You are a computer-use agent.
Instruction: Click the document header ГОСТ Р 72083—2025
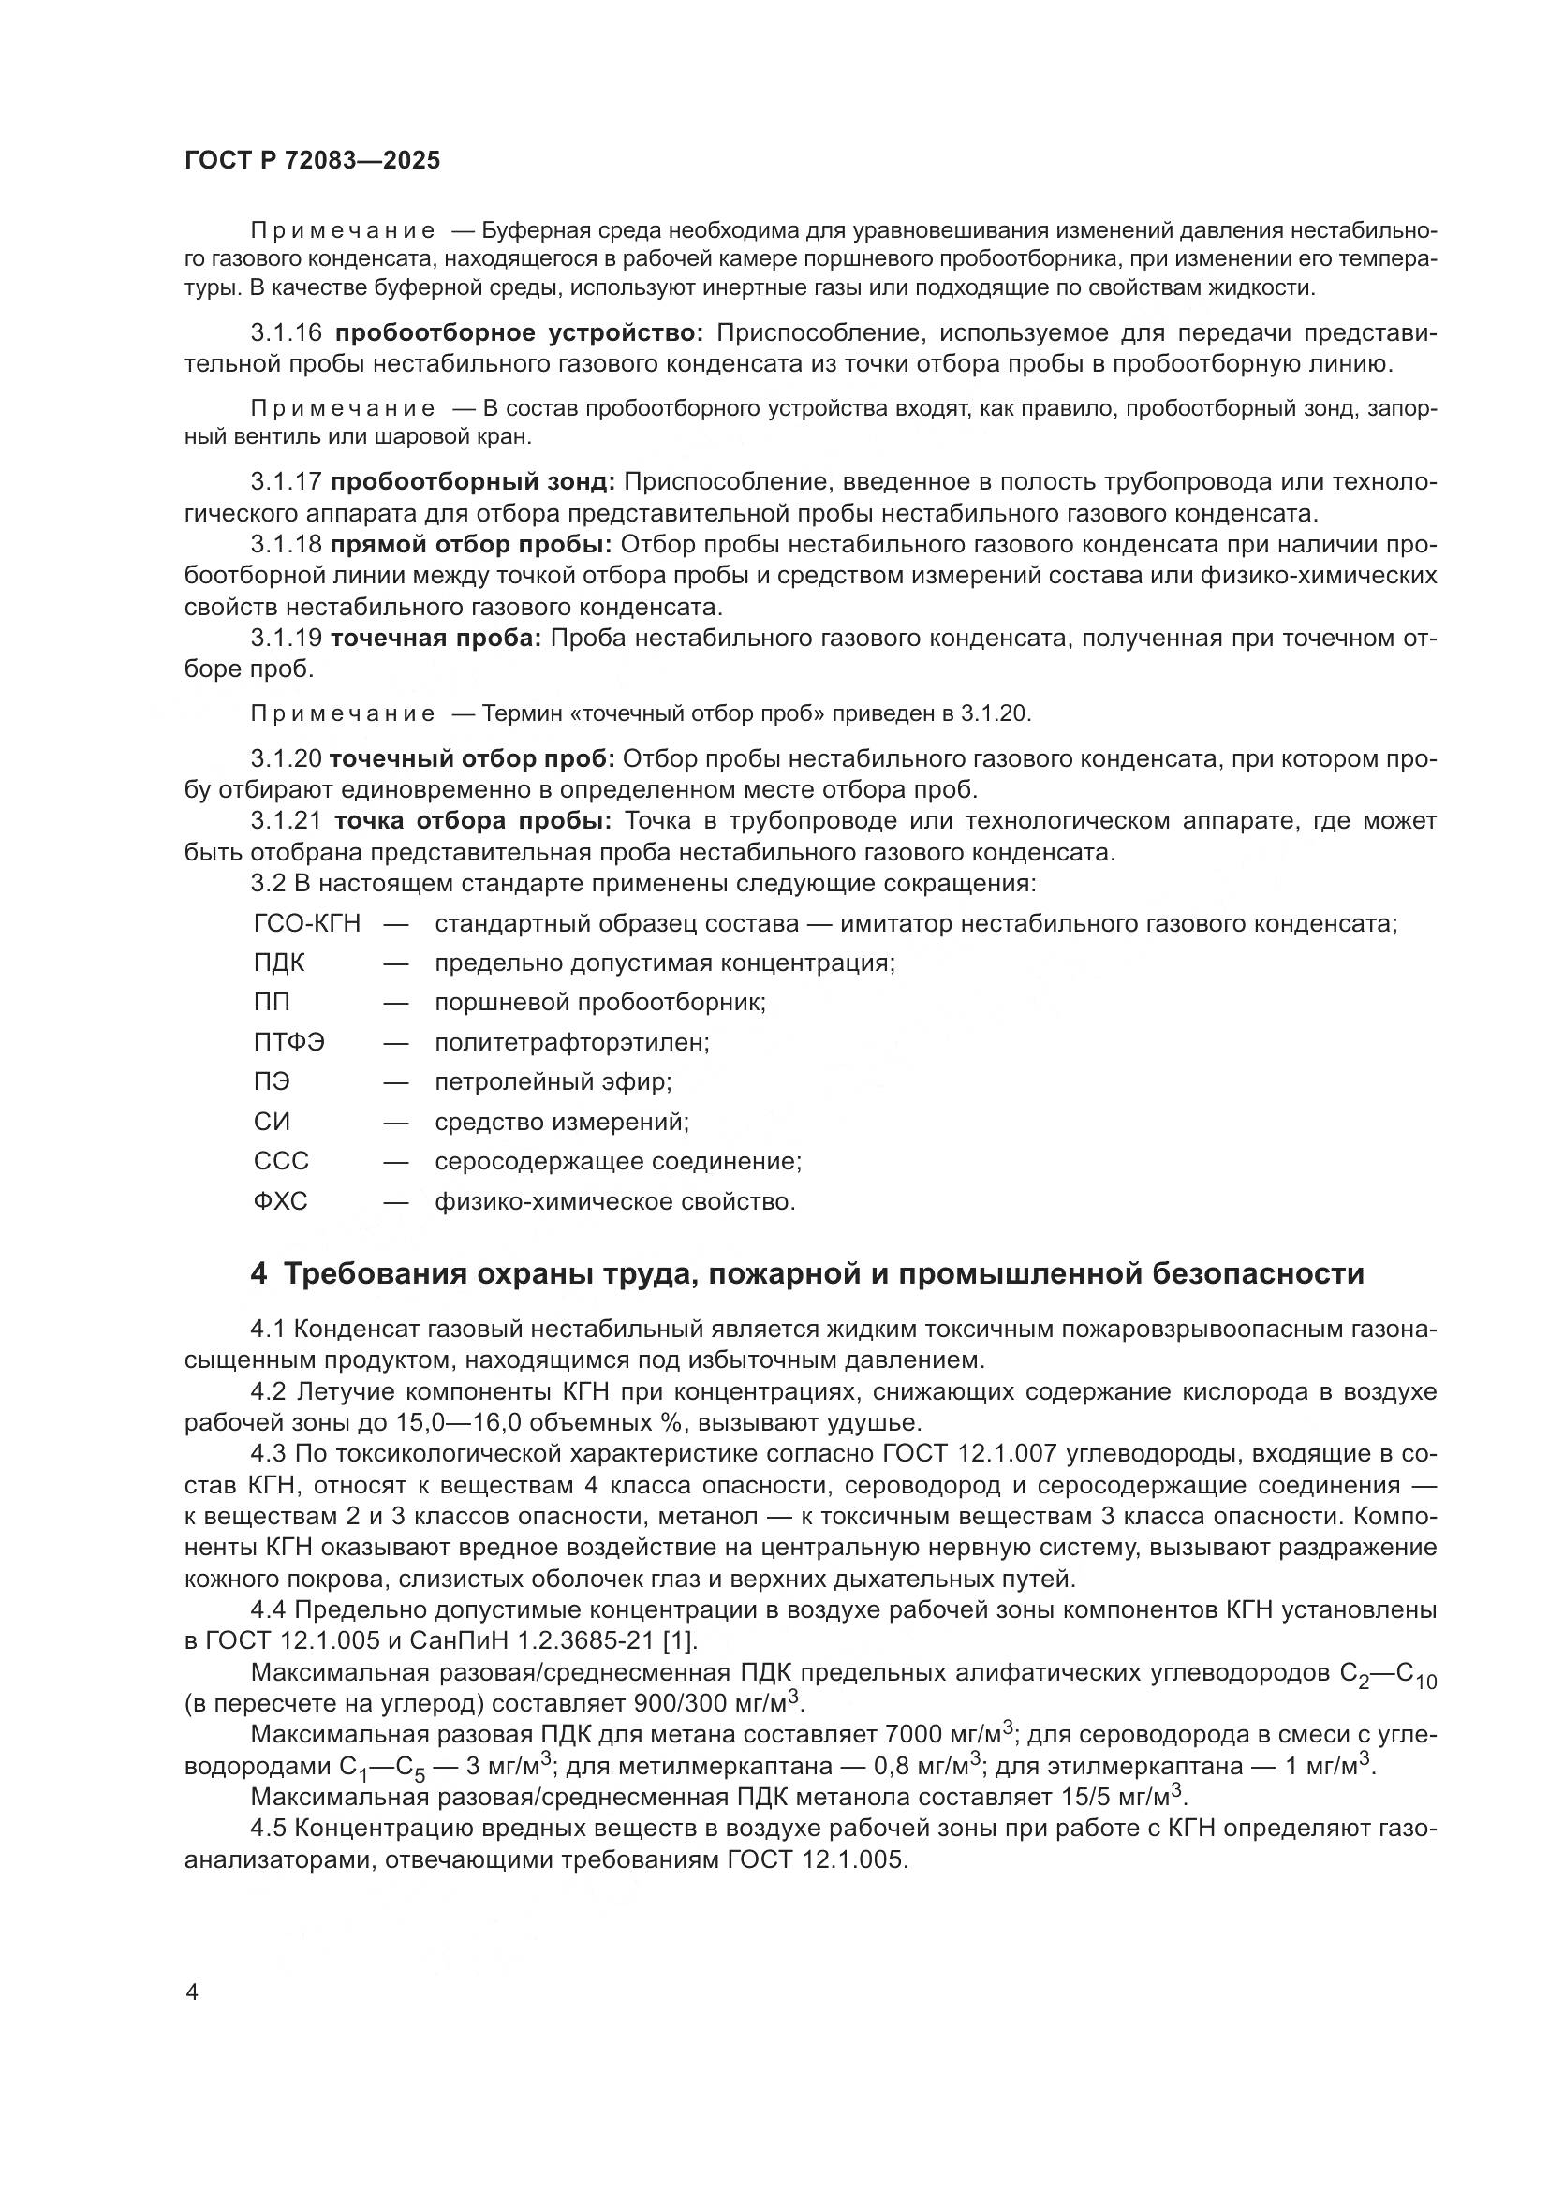pos(312,160)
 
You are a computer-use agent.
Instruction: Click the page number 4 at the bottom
pos(192,1992)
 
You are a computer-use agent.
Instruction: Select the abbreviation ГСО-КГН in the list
pos(306,923)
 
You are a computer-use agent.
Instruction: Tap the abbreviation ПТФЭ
pos(289,1042)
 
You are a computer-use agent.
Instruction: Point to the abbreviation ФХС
pos(280,1202)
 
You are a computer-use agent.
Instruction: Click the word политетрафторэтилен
pos(571,1042)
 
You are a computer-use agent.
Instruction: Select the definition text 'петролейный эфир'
pos(553,1082)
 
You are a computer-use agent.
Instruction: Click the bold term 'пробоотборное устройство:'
pos(519,333)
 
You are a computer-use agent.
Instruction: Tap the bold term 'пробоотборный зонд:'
pos(473,482)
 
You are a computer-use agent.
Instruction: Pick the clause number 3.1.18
pos(287,545)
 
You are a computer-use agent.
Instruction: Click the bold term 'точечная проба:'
pos(435,639)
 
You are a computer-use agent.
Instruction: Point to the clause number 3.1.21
pos(287,821)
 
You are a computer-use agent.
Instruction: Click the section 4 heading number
pos(258,1274)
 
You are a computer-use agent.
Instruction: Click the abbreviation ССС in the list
pos(281,1162)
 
